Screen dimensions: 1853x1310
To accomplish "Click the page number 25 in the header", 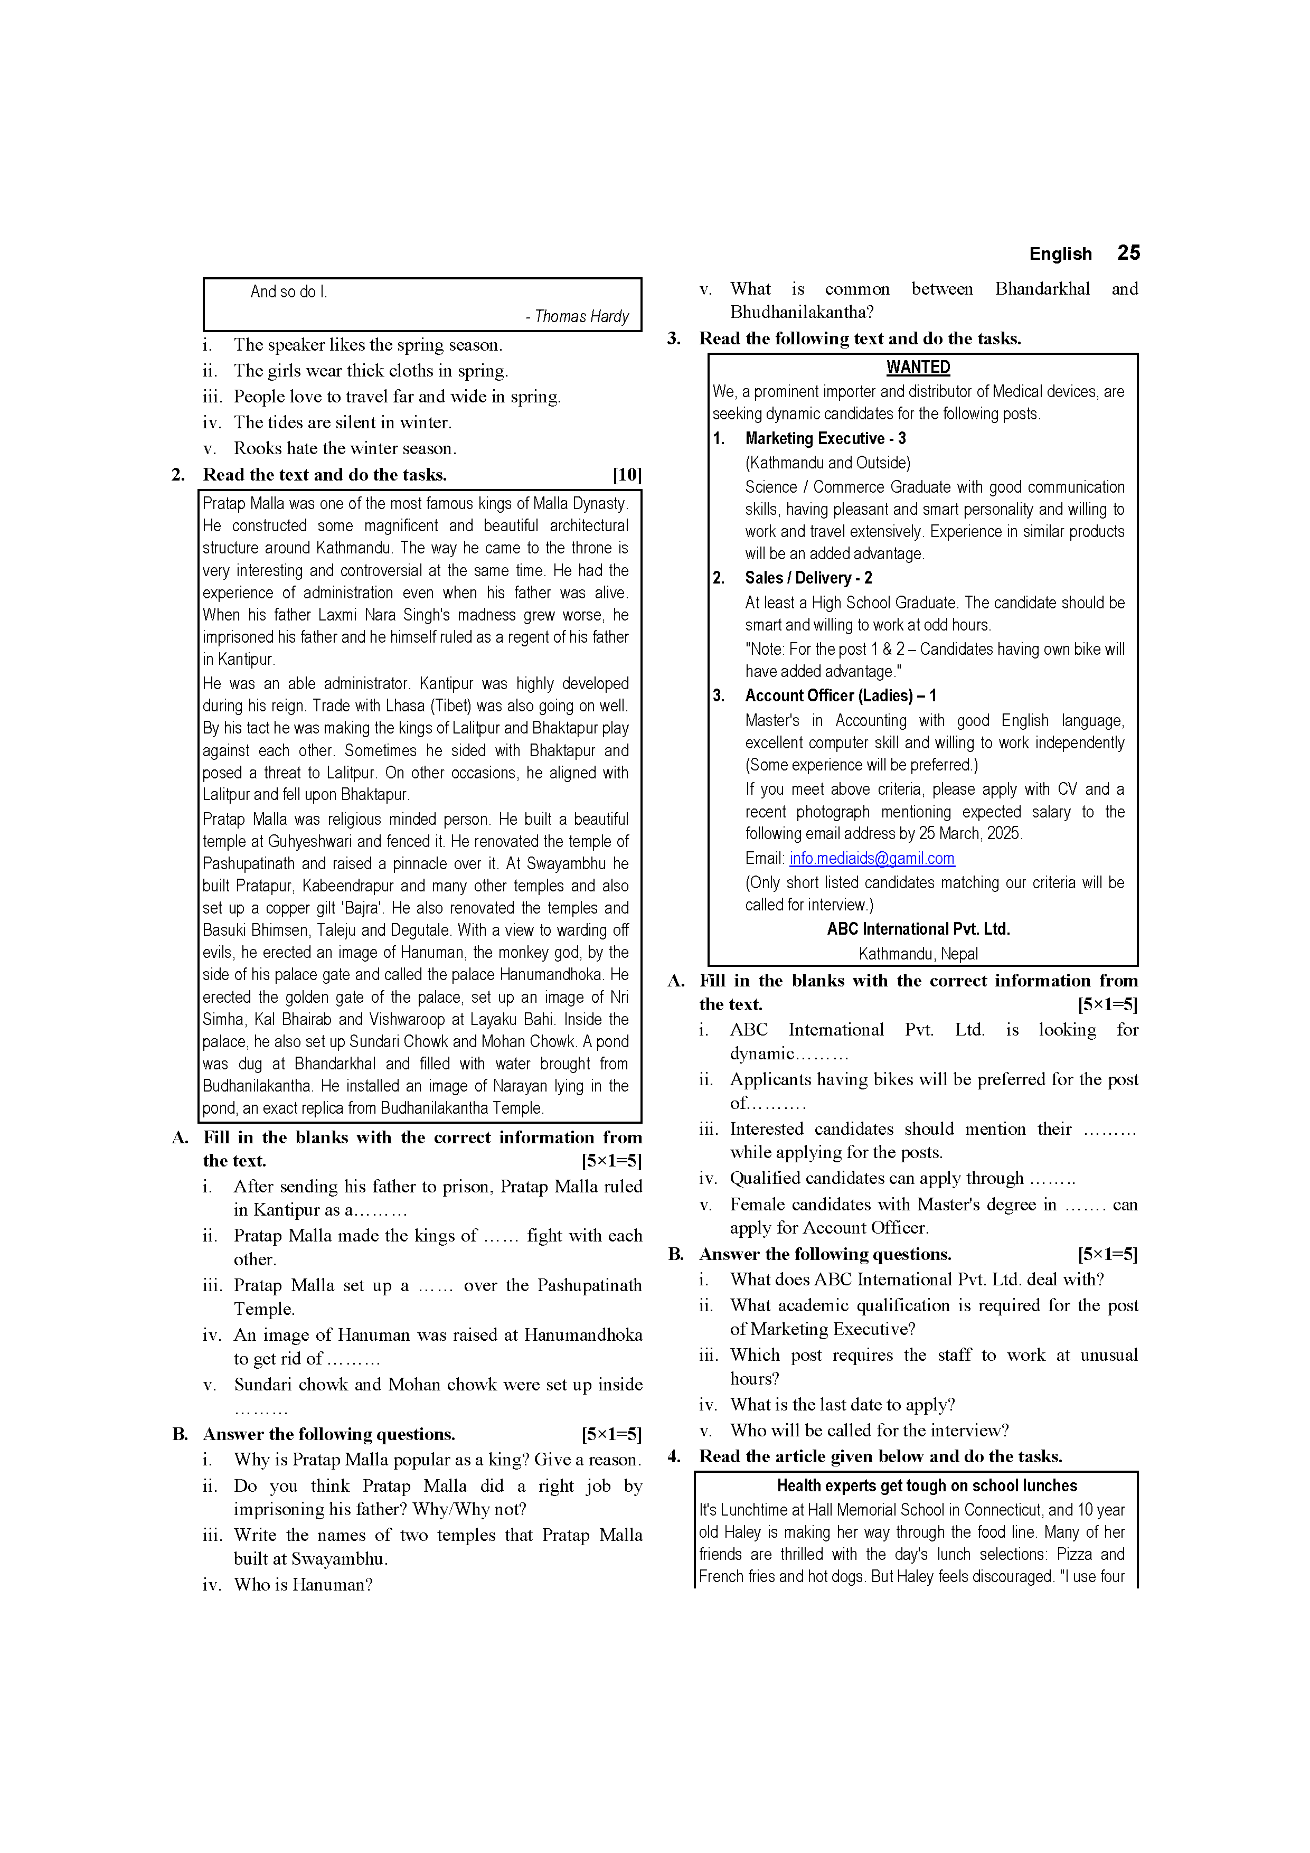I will (1128, 253).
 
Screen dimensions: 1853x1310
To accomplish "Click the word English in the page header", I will (1060, 254).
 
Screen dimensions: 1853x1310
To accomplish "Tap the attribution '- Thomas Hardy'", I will (577, 316).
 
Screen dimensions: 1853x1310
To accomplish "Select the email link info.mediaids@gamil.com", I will (872, 859).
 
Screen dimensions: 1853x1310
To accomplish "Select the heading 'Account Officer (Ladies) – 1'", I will (840, 695).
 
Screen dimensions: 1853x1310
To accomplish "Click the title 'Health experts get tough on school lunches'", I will (927, 1486).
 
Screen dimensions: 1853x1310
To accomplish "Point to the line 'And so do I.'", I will (288, 292).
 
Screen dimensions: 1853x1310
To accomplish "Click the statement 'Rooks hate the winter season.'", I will (345, 449).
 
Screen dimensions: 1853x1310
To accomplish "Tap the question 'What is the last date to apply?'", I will (842, 1405).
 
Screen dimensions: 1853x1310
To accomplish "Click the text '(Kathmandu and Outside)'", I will (827, 463).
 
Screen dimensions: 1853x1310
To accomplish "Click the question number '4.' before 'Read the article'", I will (674, 1457).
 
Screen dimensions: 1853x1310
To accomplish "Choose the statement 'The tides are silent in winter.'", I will (342, 423).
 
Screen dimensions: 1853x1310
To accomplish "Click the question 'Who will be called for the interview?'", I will (869, 1431).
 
